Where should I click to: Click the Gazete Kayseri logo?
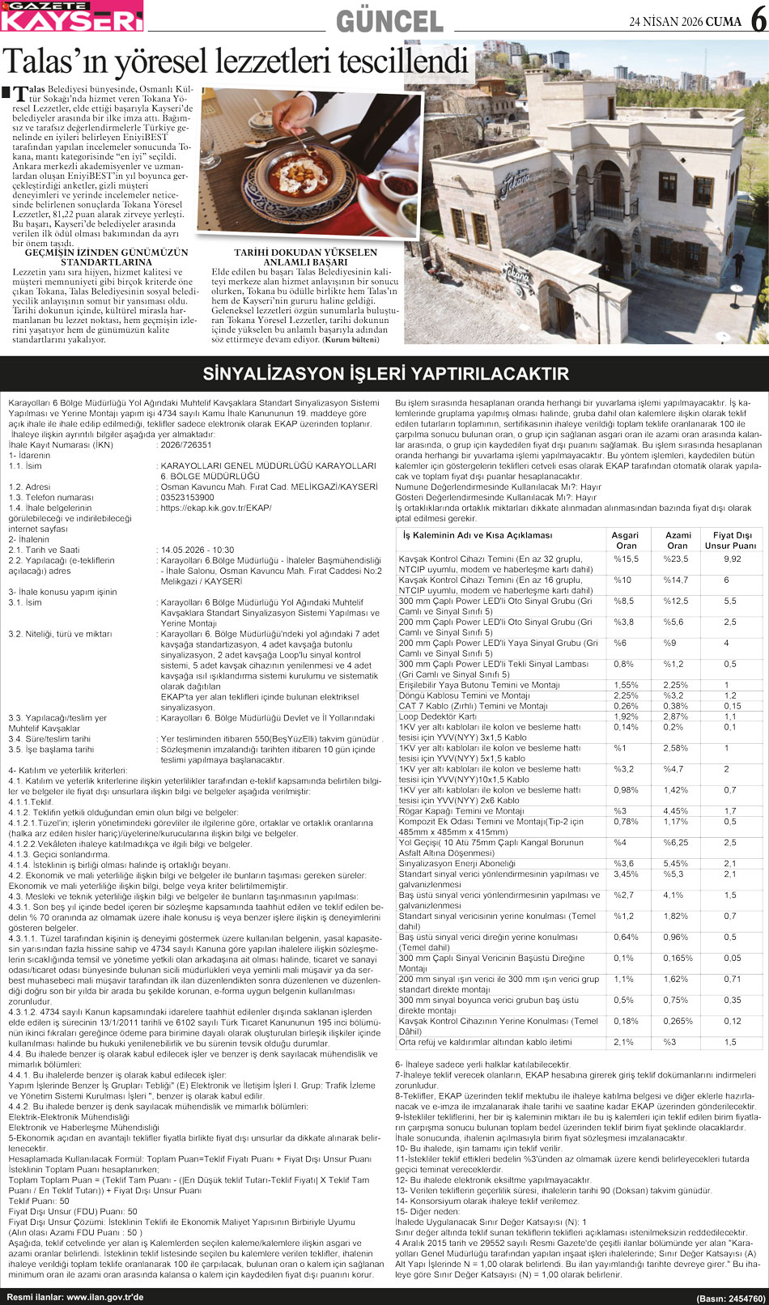click(x=71, y=16)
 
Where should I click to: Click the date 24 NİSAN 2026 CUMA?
click(x=685, y=22)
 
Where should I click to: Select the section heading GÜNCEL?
click(x=389, y=21)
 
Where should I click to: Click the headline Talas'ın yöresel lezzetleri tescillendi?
click(x=236, y=61)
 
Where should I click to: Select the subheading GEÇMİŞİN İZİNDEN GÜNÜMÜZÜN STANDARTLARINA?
click(x=106, y=257)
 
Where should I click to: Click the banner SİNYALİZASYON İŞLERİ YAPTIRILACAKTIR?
click(x=385, y=374)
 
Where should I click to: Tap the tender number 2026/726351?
click(x=186, y=444)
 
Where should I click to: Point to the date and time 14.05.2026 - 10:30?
click(x=198, y=550)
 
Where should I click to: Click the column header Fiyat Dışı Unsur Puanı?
click(x=732, y=540)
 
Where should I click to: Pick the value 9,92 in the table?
click(x=732, y=559)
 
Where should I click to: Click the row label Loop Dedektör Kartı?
click(x=438, y=716)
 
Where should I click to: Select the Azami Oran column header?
click(x=678, y=540)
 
